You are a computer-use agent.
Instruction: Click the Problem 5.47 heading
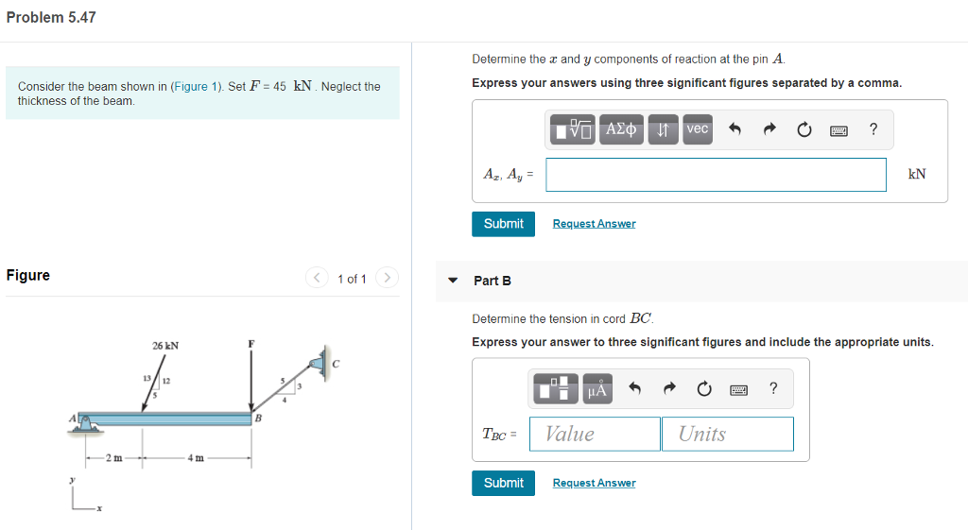[x=51, y=18]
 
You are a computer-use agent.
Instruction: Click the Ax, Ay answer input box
[x=716, y=175]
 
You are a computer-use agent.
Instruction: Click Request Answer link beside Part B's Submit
[x=594, y=483]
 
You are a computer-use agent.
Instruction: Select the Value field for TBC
[x=595, y=434]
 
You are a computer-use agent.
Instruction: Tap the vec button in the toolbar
[x=697, y=129]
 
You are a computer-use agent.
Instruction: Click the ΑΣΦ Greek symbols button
[x=622, y=129]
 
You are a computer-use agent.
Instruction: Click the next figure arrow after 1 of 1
[x=386, y=278]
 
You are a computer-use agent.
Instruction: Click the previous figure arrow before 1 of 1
[x=316, y=278]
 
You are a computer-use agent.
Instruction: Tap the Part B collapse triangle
[x=452, y=281]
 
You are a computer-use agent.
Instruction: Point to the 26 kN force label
[x=165, y=346]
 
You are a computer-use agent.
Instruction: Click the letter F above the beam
[x=251, y=344]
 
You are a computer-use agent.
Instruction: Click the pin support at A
[x=87, y=422]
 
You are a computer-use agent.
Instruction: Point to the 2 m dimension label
[x=112, y=458]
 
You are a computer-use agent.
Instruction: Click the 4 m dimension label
[x=196, y=458]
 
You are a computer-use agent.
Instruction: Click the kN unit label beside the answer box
[x=916, y=175]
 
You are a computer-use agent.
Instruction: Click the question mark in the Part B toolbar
[x=772, y=388]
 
